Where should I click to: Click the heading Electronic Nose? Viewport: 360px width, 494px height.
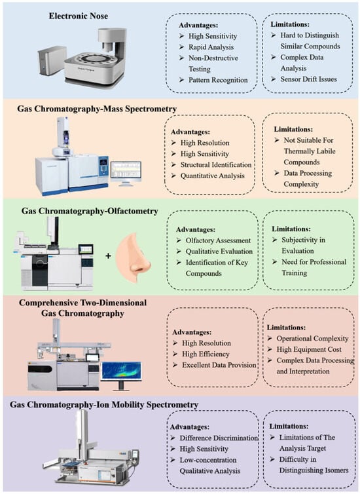[x=79, y=16]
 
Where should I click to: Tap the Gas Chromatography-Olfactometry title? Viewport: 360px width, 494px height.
[x=90, y=211]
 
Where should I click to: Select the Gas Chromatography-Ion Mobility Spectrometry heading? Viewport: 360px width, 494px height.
[x=104, y=404]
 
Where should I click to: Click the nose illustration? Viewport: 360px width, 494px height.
[x=134, y=257]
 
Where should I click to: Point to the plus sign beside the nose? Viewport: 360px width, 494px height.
[x=108, y=256]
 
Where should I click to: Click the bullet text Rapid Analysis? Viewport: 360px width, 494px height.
[x=211, y=47]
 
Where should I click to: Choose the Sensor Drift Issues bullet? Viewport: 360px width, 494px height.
[x=308, y=79]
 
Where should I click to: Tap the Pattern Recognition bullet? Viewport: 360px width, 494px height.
[x=218, y=80]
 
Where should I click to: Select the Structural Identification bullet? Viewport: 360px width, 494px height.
[x=216, y=164]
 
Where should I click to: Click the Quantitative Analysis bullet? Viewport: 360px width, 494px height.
[x=213, y=176]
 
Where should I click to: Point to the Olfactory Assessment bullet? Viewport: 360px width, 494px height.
[x=218, y=240]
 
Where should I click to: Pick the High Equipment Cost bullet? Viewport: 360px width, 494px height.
[x=309, y=349]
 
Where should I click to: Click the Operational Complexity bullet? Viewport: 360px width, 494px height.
[x=312, y=338]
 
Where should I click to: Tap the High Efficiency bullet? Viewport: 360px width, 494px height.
[x=206, y=354]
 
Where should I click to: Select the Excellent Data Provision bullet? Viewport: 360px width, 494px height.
[x=219, y=365]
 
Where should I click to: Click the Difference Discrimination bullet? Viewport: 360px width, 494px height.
[x=219, y=438]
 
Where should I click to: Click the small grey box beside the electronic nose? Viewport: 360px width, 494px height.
[x=52, y=60]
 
